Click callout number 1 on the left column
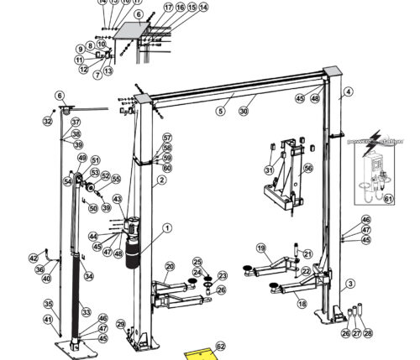click(x=166, y=227)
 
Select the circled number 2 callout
click(x=160, y=180)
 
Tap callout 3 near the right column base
click(x=351, y=284)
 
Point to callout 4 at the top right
click(x=348, y=91)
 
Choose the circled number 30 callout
click(x=244, y=111)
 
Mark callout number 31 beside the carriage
click(x=269, y=170)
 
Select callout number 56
click(x=308, y=168)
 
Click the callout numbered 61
click(x=388, y=199)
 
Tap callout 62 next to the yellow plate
click(x=221, y=345)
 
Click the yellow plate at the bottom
click(x=199, y=353)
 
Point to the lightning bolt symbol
click(x=375, y=135)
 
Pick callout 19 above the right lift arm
click(x=260, y=248)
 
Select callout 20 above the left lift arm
click(x=169, y=267)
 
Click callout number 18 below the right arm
click(x=302, y=304)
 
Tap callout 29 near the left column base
click(x=120, y=324)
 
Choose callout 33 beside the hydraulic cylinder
click(x=85, y=312)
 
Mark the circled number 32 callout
click(x=48, y=121)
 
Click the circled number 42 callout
click(x=34, y=258)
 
